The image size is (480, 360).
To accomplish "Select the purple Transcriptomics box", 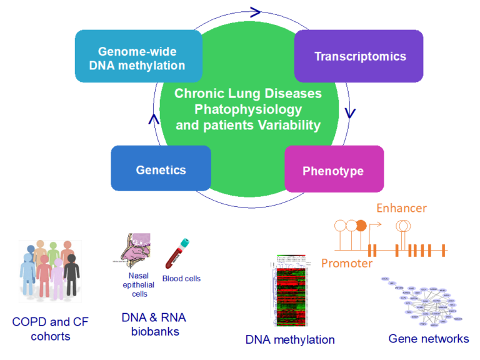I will [x=359, y=56].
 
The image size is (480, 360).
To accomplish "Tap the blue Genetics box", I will [x=161, y=169].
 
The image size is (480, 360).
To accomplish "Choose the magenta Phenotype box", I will [x=332, y=170].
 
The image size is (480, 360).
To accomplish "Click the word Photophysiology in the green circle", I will [x=248, y=109].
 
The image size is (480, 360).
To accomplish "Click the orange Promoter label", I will [x=346, y=263].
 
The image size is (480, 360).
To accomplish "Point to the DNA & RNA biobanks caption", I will [x=154, y=324].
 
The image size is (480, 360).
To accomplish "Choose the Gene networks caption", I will [x=428, y=339].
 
